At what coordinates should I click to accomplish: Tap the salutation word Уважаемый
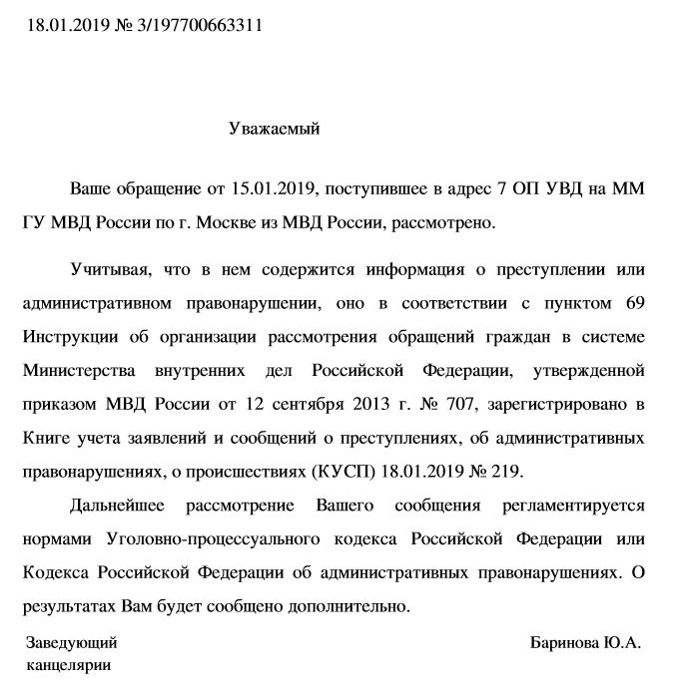pos(274,128)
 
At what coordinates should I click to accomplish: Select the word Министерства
pos(78,371)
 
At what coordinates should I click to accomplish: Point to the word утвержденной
pos(590,371)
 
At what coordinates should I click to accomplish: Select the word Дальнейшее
pos(117,506)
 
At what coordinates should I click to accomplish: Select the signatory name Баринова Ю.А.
pos(585,643)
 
